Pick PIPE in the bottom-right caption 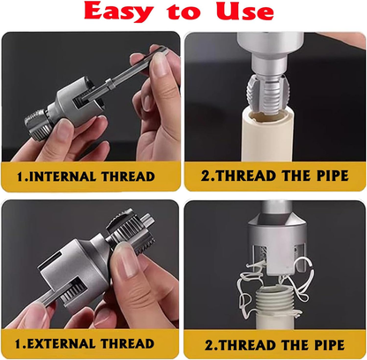(x=322, y=345)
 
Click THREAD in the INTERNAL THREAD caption (x=127, y=177)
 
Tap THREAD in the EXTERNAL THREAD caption (x=130, y=342)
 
